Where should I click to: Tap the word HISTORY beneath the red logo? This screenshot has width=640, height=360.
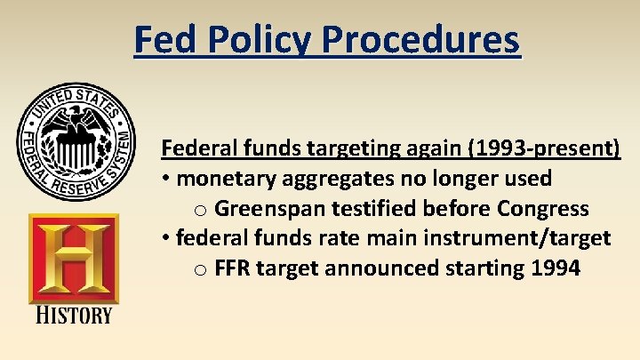(x=74, y=316)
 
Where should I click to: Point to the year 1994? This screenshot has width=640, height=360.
(x=553, y=268)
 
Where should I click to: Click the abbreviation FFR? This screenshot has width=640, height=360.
(x=232, y=268)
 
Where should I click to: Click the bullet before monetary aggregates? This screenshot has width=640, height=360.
(x=166, y=179)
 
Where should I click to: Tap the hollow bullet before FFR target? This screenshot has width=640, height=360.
(x=201, y=268)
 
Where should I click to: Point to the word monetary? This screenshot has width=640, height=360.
(x=227, y=178)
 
